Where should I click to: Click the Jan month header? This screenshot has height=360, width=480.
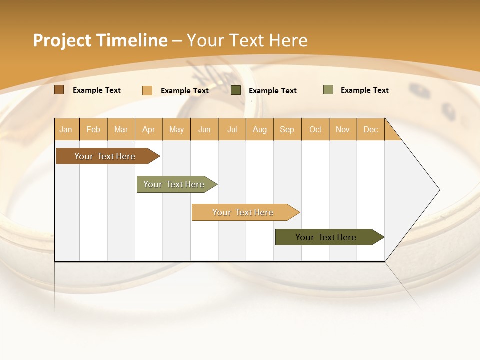coord(66,129)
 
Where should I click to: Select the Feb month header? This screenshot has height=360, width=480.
coord(93,129)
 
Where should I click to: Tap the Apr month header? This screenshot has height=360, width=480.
coord(149,129)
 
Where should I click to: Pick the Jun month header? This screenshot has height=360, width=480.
coord(204,129)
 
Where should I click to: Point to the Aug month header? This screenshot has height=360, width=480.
coord(260,129)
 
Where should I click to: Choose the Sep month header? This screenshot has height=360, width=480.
coord(287,129)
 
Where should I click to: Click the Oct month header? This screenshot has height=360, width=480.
coord(315,129)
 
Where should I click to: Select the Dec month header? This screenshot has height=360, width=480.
coord(371,129)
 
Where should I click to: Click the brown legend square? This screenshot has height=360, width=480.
coord(59,90)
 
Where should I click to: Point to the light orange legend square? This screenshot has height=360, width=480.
coord(147,90)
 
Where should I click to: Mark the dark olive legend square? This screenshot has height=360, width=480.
coord(236,90)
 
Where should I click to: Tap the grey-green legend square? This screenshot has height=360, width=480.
coord(328,90)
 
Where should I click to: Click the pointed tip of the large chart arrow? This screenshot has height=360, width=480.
coord(438,190)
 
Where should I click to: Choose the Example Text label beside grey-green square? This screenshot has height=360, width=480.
coord(365,90)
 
